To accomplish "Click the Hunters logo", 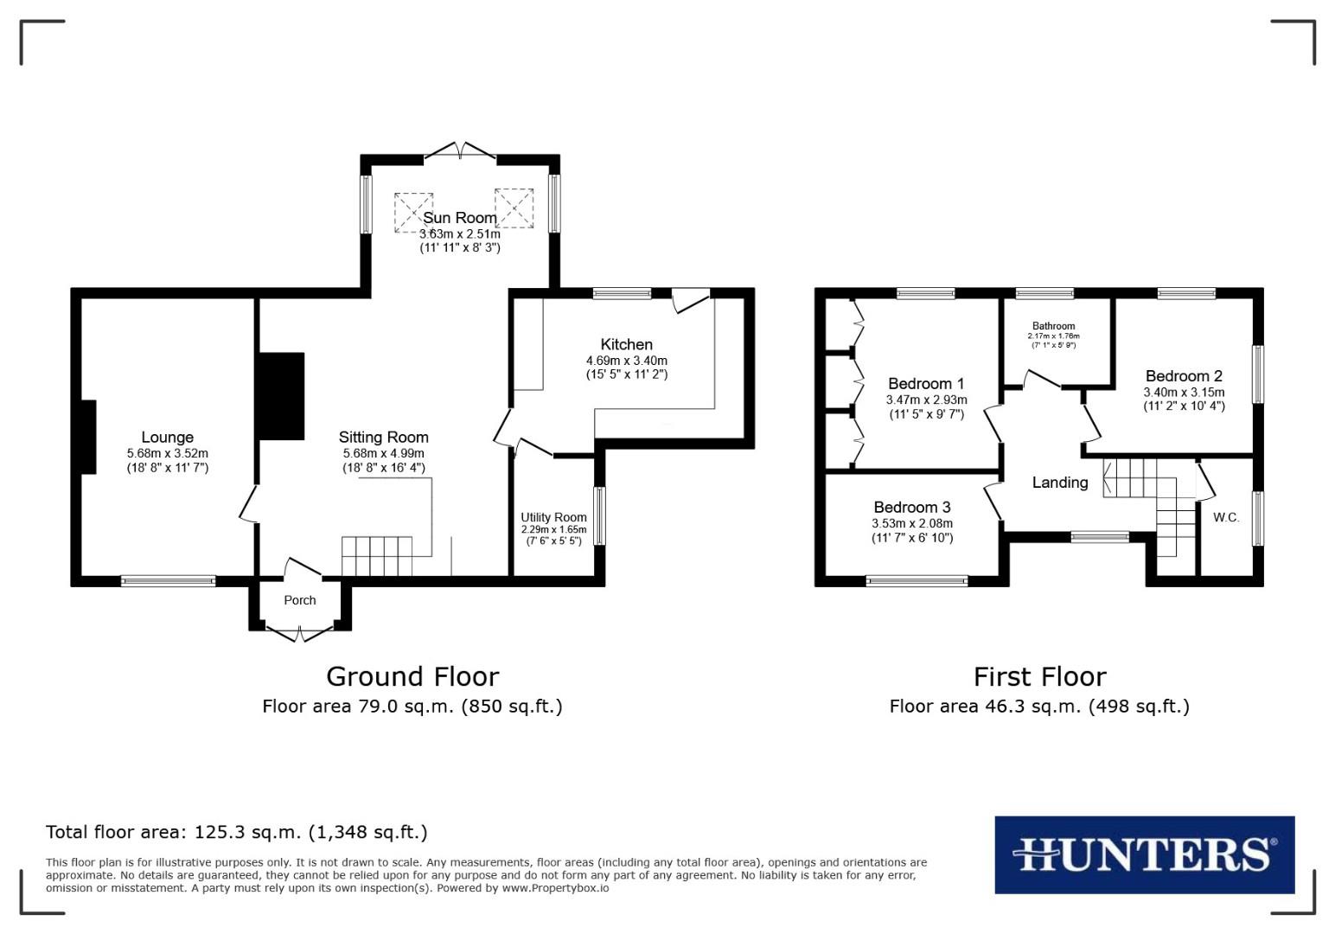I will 1144,854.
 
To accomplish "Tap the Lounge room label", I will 167,438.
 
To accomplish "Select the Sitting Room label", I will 383,438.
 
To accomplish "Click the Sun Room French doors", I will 460,152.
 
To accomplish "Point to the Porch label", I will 300,600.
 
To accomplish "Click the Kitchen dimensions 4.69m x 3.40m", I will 626,361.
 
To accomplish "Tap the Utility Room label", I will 553,517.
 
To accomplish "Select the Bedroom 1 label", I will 926,384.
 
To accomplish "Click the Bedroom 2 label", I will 1184,376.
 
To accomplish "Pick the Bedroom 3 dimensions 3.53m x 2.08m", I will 912,523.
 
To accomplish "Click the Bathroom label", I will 1053,326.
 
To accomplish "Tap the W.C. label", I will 1226,518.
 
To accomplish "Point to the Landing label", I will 1060,483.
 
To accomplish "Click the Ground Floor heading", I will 412,676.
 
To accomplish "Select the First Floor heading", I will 1039,676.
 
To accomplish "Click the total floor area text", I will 236,832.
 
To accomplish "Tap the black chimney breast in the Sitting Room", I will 281,397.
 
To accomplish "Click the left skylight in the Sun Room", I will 413,212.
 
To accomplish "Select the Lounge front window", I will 168,581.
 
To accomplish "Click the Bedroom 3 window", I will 917,581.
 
